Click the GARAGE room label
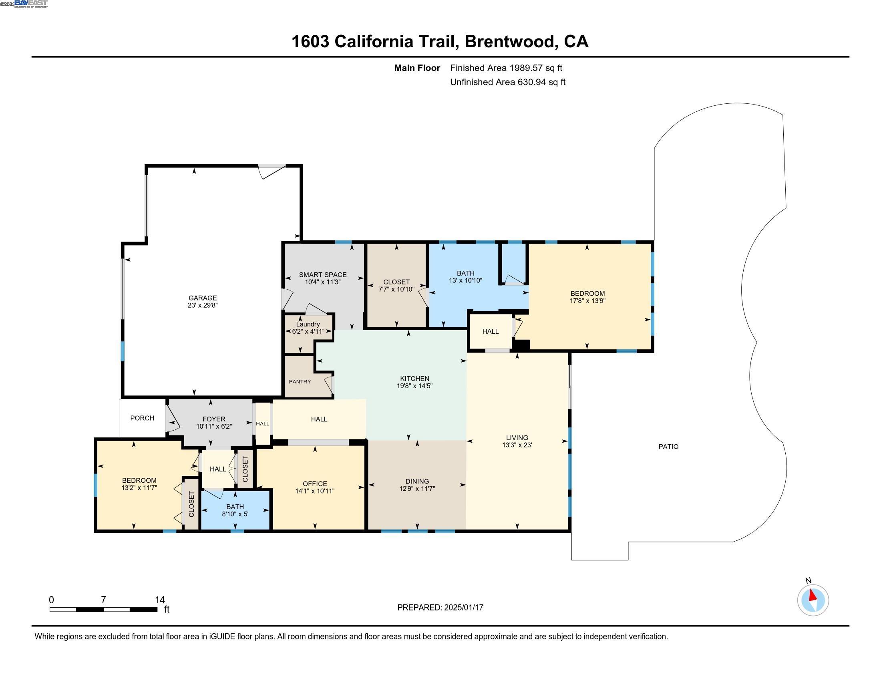pyautogui.click(x=203, y=298)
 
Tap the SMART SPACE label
pyautogui.click(x=322, y=275)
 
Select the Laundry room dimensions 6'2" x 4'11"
pyautogui.click(x=308, y=332)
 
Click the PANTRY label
pyautogui.click(x=300, y=382)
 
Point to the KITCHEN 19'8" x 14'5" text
pyautogui.click(x=414, y=382)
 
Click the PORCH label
pyautogui.click(x=142, y=418)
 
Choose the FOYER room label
pyautogui.click(x=214, y=419)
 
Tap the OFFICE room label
pyautogui.click(x=315, y=484)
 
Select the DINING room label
pyautogui.click(x=417, y=481)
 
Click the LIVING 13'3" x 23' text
pyautogui.click(x=517, y=441)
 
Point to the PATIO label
pyautogui.click(x=668, y=447)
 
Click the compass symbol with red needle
pyautogui.click(x=813, y=600)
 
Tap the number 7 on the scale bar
pyautogui.click(x=103, y=600)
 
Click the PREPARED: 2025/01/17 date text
pyautogui.click(x=440, y=607)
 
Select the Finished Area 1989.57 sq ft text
pyautogui.click(x=506, y=68)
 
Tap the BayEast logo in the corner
pyautogui.click(x=31, y=4)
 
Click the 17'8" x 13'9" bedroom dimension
pyautogui.click(x=587, y=300)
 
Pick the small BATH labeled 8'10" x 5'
pyautogui.click(x=235, y=510)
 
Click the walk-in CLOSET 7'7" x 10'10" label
pyautogui.click(x=396, y=286)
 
